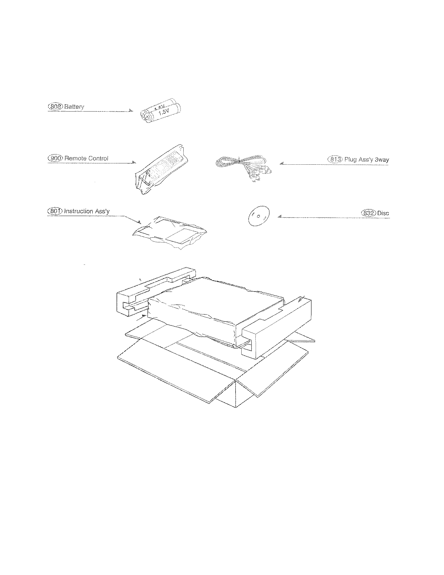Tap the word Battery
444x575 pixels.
(74, 107)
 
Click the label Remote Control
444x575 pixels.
(86, 158)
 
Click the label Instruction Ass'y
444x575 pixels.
(87, 211)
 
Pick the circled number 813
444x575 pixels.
(335, 159)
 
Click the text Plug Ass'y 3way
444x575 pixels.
(367, 159)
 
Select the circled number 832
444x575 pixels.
(369, 213)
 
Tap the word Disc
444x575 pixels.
(383, 213)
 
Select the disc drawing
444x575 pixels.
(259, 216)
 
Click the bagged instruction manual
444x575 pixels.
(170, 232)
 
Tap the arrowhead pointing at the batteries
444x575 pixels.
(131, 111)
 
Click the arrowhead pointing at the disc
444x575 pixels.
(280, 217)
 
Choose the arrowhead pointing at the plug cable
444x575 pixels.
(282, 164)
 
